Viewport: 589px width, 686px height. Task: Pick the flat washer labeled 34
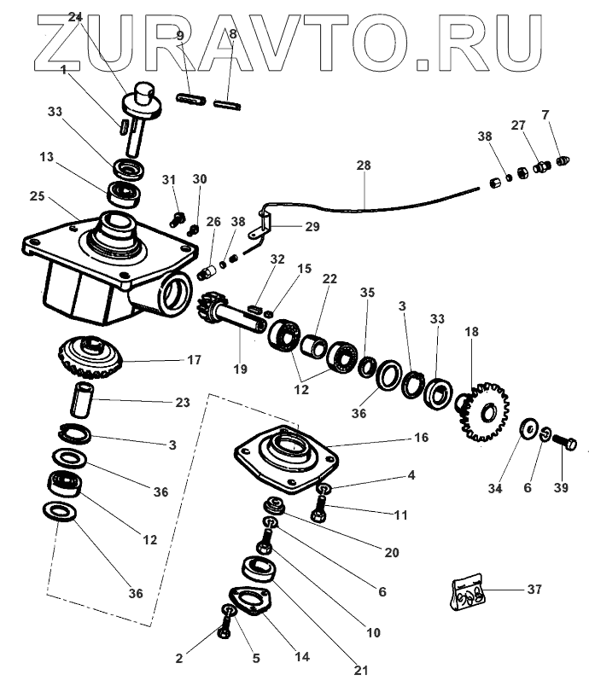528,427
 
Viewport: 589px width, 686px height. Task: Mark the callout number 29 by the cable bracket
313,226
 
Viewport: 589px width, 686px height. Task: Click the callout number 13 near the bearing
48,157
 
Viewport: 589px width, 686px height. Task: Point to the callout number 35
366,292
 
